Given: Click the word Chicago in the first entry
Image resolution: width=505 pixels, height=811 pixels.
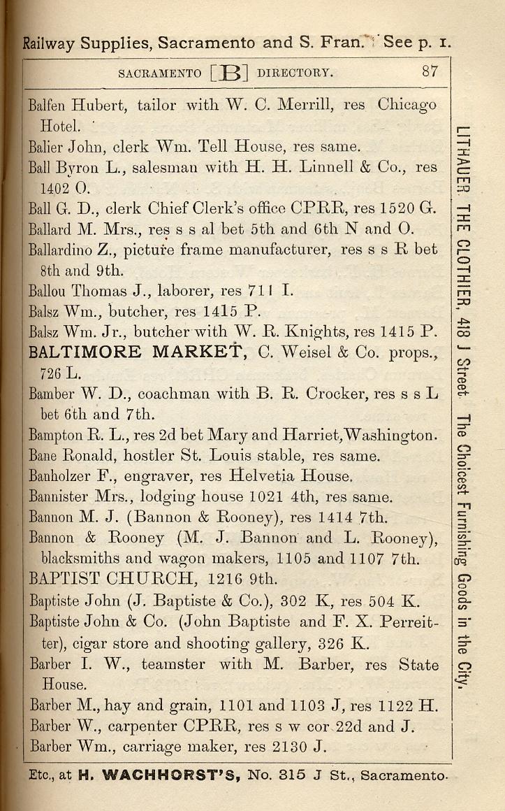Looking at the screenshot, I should (x=407, y=106).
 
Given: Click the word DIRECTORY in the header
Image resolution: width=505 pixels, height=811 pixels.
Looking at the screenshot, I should (x=294, y=73).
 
